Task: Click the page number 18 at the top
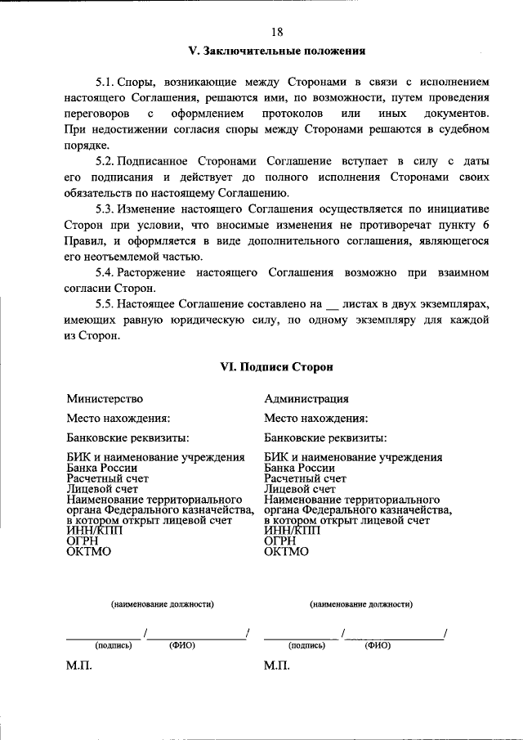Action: click(x=276, y=32)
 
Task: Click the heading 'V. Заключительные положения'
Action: click(x=276, y=51)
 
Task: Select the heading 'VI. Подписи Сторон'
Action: click(x=276, y=368)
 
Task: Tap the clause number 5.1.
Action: click(x=105, y=83)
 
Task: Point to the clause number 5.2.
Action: click(x=106, y=160)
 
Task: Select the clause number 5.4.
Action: click(x=106, y=271)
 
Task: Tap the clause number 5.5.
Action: click(x=106, y=303)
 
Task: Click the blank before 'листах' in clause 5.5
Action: click(x=332, y=304)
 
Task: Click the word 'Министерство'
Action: click(x=105, y=399)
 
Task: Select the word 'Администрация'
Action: click(x=306, y=399)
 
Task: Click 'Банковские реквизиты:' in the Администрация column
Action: click(x=325, y=437)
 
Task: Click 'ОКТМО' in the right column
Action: click(x=287, y=551)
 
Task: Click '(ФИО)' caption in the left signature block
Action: click(x=182, y=645)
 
